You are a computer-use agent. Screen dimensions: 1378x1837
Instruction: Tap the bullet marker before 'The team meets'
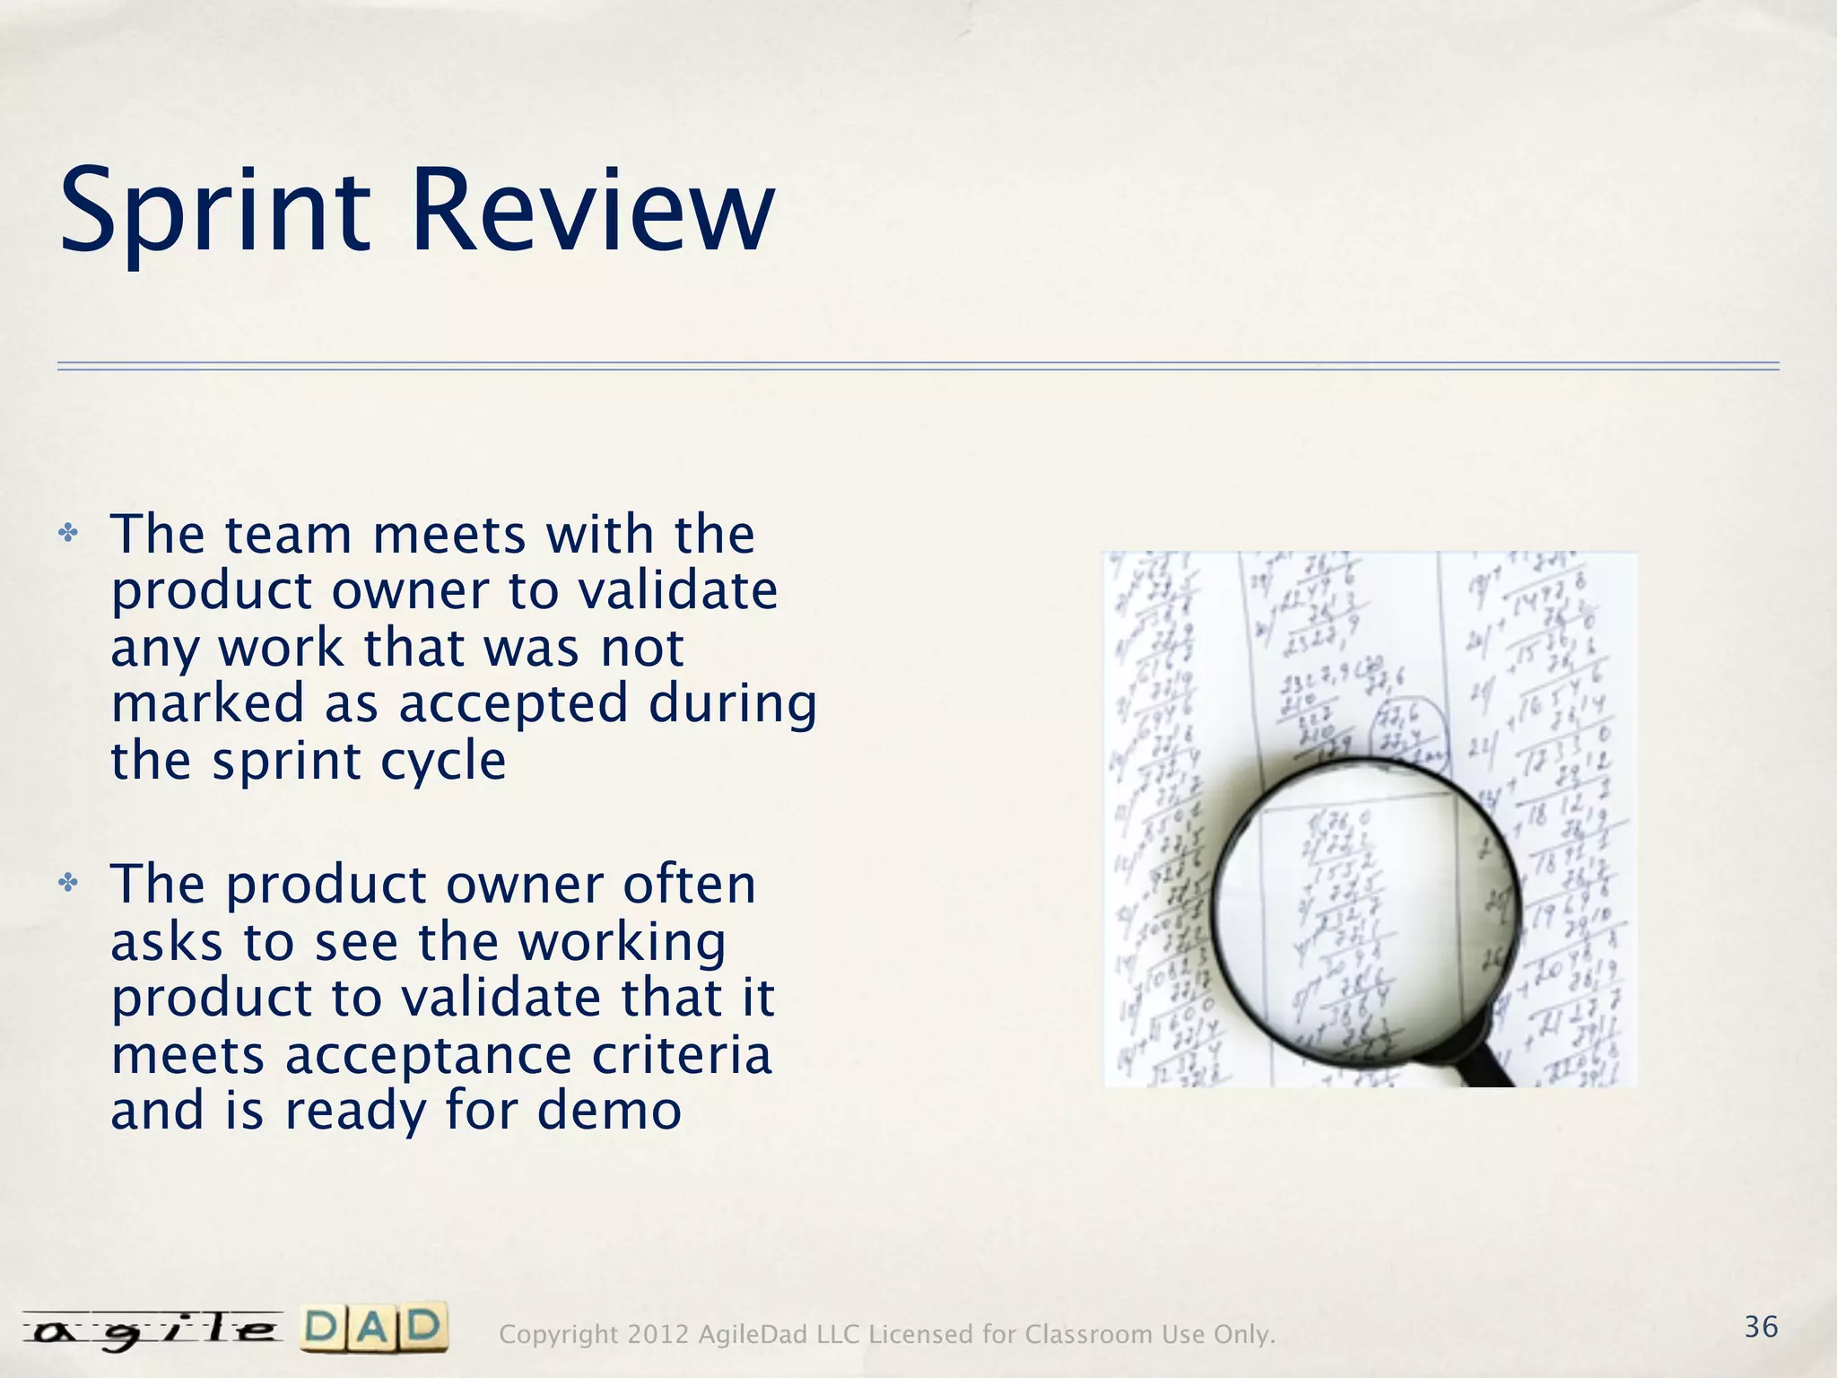pyautogui.click(x=68, y=535)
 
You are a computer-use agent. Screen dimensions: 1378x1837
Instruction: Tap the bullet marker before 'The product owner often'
pyautogui.click(x=68, y=885)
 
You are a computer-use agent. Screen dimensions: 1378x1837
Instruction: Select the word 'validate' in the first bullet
pyautogui.click(x=677, y=592)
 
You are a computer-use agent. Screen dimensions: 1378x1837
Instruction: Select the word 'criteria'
pyautogui.click(x=682, y=1056)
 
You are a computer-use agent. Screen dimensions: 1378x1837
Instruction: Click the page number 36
pyautogui.click(x=1761, y=1327)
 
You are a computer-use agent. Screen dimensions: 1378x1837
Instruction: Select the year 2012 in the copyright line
pyautogui.click(x=658, y=1335)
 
